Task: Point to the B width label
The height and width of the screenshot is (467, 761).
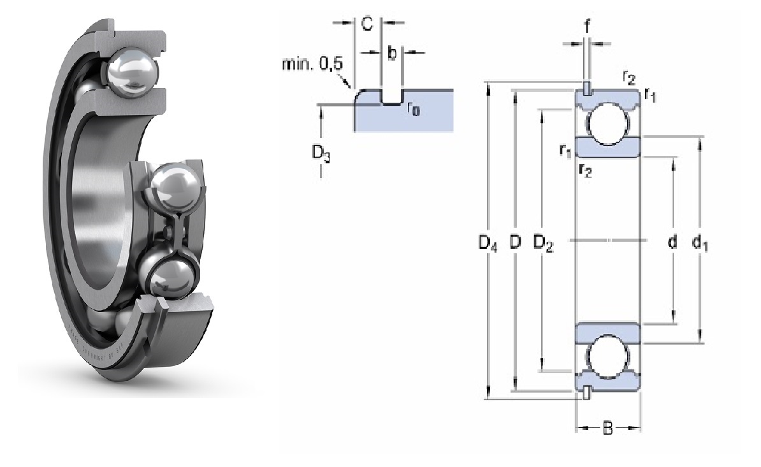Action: tap(607, 428)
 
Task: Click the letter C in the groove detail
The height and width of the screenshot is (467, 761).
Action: tap(367, 24)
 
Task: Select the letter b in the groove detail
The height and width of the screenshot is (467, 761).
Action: tap(392, 53)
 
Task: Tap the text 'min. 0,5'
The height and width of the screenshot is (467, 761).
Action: tap(313, 63)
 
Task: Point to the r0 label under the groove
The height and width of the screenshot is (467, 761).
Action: tap(413, 109)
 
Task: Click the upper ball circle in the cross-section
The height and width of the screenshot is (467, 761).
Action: tap(607, 124)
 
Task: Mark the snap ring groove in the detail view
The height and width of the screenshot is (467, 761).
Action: tap(392, 97)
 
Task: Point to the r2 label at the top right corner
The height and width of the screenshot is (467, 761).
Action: tap(628, 78)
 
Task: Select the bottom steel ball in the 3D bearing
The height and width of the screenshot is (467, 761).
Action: tap(172, 278)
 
